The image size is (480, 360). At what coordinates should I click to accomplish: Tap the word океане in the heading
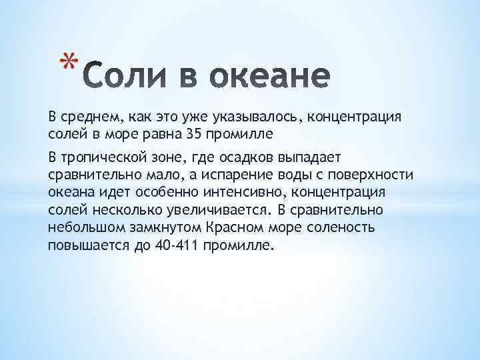pyautogui.click(x=267, y=77)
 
